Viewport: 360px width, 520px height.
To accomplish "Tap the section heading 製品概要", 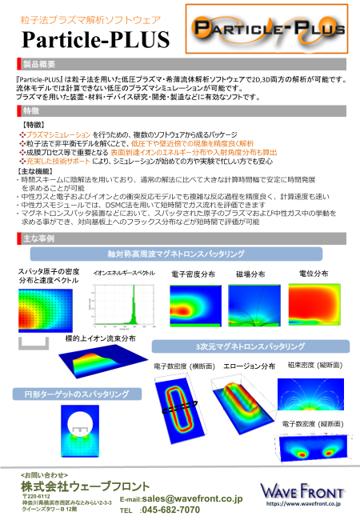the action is click(40, 63).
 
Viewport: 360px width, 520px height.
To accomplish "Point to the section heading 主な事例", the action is click(38, 238).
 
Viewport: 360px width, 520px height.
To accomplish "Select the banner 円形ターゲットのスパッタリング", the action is click(70, 394).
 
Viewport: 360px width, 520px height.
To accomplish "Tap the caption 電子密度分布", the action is click(193, 274).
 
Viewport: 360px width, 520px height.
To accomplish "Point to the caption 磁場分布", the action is click(250, 274).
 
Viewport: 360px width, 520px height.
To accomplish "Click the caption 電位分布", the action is click(309, 274).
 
